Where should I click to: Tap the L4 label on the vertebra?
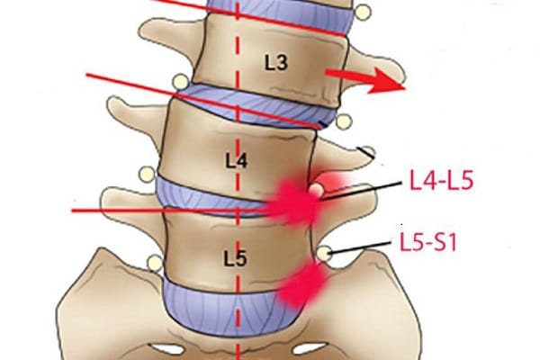(236, 160)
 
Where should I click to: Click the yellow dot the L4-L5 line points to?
(315, 191)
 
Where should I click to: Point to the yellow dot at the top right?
(362, 13)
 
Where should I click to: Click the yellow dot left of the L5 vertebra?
(156, 263)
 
